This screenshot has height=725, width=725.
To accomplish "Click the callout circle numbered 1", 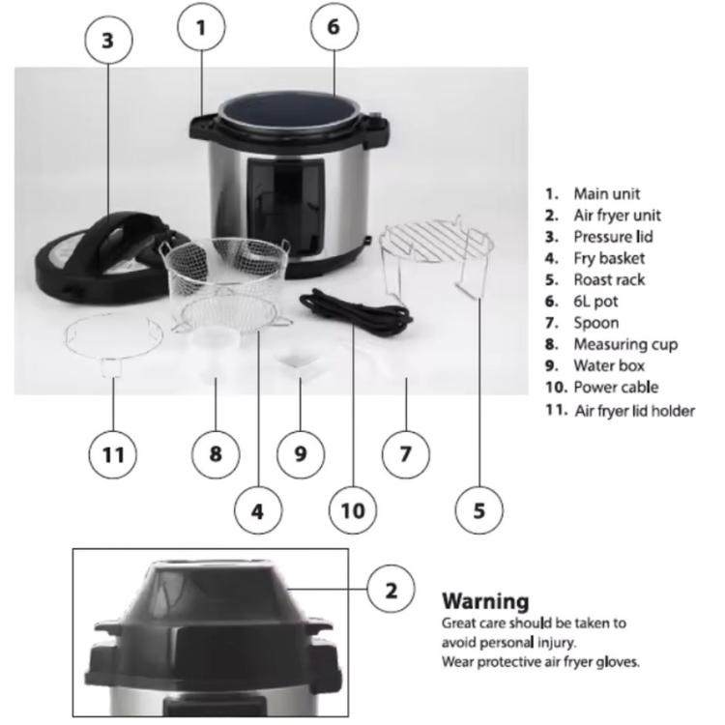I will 201,27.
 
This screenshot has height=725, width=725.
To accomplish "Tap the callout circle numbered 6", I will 333,27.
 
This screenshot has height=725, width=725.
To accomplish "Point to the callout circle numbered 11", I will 114,454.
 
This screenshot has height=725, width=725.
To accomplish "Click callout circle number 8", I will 216,454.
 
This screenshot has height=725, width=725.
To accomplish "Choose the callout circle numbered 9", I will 301,454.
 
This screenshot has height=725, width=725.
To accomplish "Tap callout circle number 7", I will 406,454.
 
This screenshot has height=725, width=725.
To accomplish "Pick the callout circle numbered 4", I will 257,510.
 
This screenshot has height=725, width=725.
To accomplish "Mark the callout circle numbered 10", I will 354,510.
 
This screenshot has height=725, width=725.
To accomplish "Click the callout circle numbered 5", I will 480,510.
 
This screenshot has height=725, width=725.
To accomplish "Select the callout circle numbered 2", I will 391,590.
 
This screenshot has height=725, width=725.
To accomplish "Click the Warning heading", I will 485,601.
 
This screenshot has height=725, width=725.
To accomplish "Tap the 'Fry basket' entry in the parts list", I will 608,258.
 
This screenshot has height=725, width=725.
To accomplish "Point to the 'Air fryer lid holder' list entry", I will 634,410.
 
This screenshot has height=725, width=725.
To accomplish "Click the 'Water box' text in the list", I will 609,366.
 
